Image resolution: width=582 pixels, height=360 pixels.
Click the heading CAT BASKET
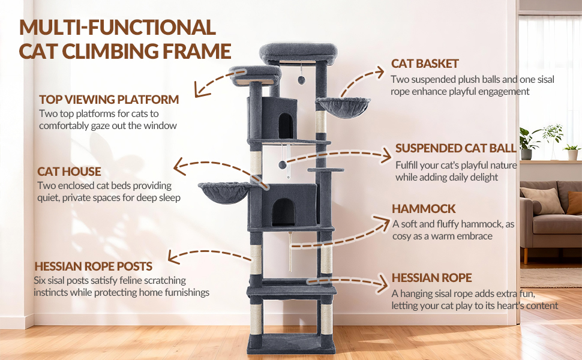coord(425,64)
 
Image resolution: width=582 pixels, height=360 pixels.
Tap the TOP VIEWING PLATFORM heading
coord(109,100)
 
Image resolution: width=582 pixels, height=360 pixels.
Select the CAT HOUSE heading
coord(69,172)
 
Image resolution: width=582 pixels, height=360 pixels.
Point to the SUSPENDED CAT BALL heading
coord(456,148)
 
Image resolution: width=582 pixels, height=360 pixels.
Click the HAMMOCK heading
coord(424,209)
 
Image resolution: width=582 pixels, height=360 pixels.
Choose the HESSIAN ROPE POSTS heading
coord(93,266)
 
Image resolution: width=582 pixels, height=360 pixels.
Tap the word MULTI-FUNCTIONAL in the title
coord(118,28)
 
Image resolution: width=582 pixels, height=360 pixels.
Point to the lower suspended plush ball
coord(283,164)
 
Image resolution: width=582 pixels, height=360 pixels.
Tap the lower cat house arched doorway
coord(284,212)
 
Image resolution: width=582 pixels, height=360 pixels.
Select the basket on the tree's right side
coord(343,107)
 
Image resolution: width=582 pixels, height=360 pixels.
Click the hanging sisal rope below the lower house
coord(290,251)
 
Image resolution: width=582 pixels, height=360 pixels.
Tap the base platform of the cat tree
coord(292,343)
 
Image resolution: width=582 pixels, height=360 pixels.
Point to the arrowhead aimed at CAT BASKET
coord(379,72)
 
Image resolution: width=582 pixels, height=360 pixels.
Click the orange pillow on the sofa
coord(574,203)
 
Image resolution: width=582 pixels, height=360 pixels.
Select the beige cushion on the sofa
coord(542,201)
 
